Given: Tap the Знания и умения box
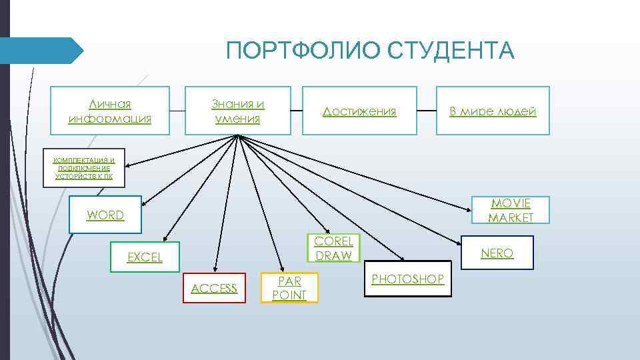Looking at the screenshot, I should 237,111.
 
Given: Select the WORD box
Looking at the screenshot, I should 105,215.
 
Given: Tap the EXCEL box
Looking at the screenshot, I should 145,257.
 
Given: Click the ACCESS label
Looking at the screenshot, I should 214,288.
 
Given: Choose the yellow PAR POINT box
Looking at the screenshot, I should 289,288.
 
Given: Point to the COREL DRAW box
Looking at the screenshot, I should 333,248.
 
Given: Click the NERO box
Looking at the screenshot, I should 497,253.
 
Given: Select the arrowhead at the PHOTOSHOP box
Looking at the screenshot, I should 401,259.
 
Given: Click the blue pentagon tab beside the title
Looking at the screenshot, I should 40,51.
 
